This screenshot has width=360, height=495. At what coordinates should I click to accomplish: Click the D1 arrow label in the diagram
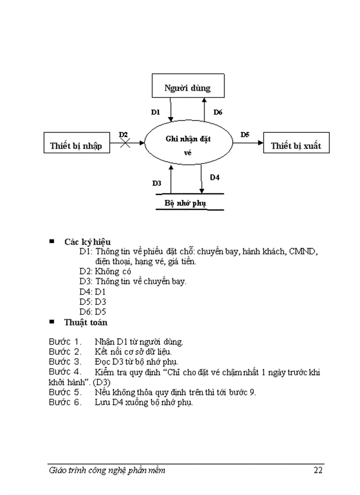click(x=155, y=112)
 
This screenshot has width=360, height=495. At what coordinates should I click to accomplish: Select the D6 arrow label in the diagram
click(x=218, y=112)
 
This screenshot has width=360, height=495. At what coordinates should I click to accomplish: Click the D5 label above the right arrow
click(x=245, y=135)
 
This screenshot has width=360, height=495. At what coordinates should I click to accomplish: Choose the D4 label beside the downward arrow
click(x=215, y=178)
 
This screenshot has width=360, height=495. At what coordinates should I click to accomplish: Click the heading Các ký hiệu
click(x=87, y=242)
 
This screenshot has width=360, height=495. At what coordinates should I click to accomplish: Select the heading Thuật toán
click(x=86, y=322)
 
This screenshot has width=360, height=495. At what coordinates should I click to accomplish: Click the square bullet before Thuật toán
click(x=52, y=322)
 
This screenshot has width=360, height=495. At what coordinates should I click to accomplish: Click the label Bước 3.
click(x=65, y=362)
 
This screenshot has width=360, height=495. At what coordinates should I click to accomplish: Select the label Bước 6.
click(x=65, y=402)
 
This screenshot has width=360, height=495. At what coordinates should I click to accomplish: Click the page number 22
click(x=318, y=470)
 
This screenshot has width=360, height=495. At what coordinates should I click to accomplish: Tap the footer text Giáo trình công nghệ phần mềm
click(x=107, y=470)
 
